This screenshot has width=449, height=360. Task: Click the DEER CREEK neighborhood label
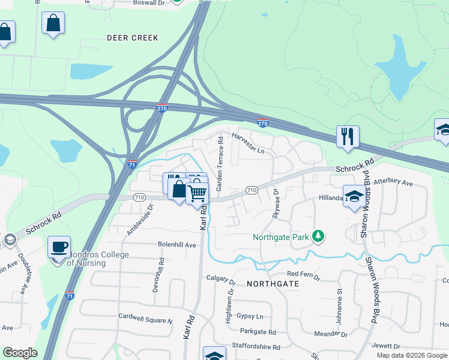click(133, 38)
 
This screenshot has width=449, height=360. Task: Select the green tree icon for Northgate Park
click(318, 237)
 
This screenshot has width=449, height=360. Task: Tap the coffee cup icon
click(59, 247)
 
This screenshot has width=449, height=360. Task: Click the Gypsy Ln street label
click(250, 316)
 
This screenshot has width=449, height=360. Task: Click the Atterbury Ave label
click(394, 181)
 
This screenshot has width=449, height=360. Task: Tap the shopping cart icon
click(197, 193)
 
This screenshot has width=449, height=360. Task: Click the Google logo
click(20, 353)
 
